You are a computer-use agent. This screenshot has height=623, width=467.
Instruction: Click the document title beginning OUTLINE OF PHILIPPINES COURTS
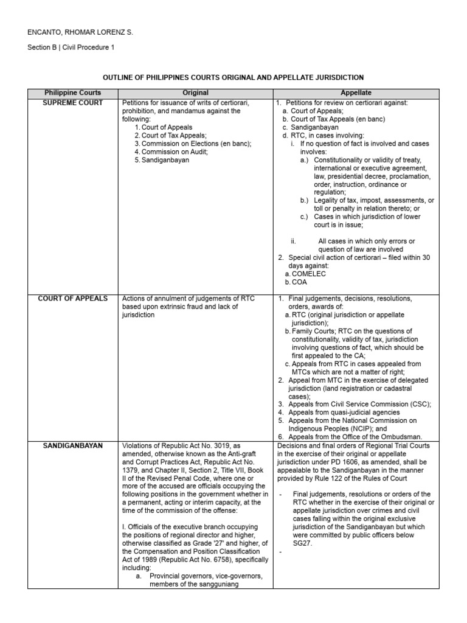(233, 78)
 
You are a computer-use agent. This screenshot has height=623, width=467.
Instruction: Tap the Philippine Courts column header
(73, 93)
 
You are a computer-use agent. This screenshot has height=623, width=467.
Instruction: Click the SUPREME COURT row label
(73, 103)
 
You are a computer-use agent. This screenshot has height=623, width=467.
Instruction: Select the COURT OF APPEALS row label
(73, 299)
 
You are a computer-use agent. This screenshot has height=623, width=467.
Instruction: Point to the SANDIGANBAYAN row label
(73, 445)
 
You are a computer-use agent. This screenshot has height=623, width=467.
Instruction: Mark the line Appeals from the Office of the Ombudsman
(354, 436)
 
